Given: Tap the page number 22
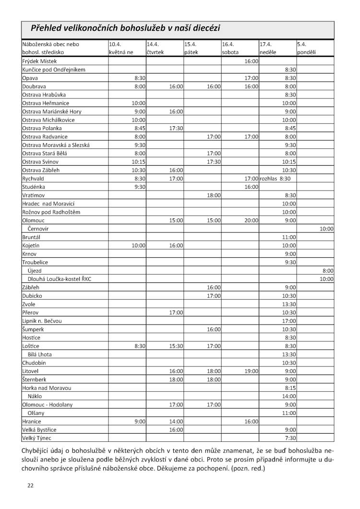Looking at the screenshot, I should [x=30, y=485].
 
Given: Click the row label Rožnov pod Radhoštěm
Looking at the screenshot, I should [x=51, y=212].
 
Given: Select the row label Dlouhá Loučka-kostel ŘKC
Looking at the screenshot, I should [x=60, y=279].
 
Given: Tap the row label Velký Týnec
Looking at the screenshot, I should [x=36, y=438].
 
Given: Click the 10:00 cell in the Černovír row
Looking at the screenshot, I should [x=326, y=229].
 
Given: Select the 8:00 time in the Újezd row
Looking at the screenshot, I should [x=328, y=270].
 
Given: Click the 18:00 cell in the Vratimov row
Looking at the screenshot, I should [x=214, y=195].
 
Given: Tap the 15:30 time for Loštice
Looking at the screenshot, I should [x=176, y=346].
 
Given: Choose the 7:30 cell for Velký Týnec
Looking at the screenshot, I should [x=290, y=438].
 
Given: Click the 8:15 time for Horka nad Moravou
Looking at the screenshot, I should [x=290, y=388].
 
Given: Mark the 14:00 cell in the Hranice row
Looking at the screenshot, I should [x=176, y=421].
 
